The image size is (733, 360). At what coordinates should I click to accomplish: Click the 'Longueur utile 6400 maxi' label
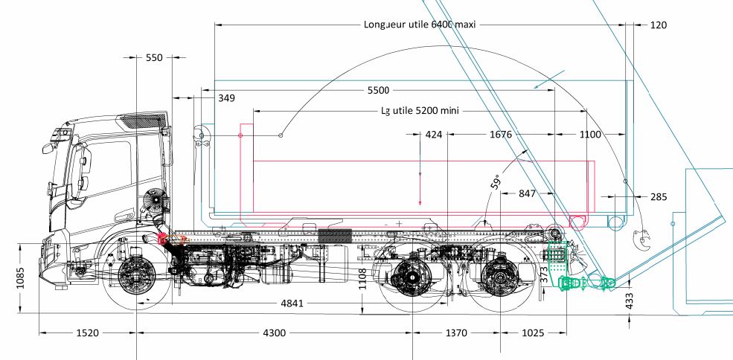click(x=419, y=25)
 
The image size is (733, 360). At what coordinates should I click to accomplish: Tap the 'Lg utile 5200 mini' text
click(x=419, y=111)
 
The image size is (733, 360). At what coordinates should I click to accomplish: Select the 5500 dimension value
click(x=378, y=91)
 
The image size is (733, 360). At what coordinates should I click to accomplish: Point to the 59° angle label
click(x=496, y=181)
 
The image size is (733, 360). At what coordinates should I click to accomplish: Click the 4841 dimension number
click(x=292, y=303)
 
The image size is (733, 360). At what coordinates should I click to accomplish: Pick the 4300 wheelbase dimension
click(x=274, y=333)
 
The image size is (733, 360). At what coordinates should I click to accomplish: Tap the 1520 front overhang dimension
click(x=87, y=333)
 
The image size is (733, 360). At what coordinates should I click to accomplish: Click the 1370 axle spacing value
click(x=455, y=333)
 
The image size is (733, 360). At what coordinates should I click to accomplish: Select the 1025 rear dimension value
click(x=533, y=333)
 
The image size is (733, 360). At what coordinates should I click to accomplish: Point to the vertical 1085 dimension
click(x=21, y=277)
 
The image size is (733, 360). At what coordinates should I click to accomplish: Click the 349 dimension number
click(x=227, y=98)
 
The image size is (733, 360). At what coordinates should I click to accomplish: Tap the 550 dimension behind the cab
click(x=154, y=57)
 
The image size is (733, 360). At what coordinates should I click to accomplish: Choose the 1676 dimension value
click(x=501, y=135)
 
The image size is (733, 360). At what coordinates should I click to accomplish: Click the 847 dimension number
click(x=527, y=193)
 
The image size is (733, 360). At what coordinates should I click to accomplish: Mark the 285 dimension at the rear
click(x=659, y=197)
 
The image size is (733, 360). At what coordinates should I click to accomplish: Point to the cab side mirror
click(x=48, y=148)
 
